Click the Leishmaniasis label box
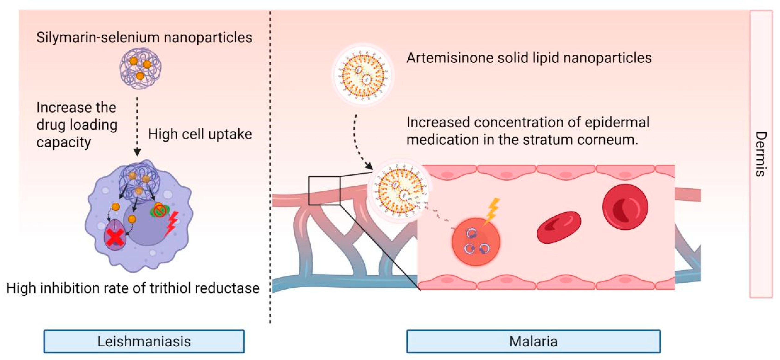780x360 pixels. point(144,341)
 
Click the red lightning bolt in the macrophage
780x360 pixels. point(171,224)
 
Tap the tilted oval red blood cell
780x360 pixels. point(559,227)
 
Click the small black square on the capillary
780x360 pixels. point(324,191)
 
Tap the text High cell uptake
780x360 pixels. point(200,134)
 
